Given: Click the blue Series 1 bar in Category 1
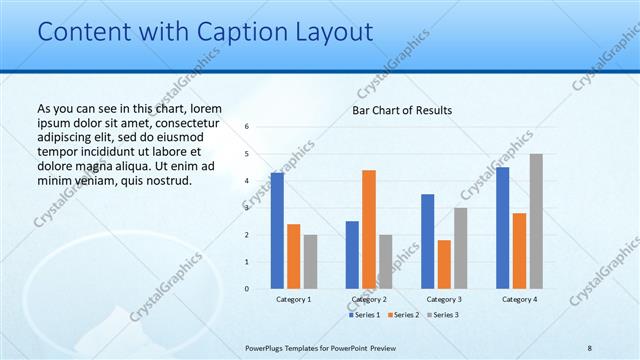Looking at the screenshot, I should pyautogui.click(x=277, y=231).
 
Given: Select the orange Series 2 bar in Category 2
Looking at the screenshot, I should pyautogui.click(x=369, y=229).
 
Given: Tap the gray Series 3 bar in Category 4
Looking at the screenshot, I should pyautogui.click(x=536, y=221).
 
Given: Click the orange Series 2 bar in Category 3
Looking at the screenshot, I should pyautogui.click(x=444, y=264).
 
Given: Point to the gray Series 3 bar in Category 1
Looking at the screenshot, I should pyautogui.click(x=310, y=261).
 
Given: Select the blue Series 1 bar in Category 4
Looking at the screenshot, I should pyautogui.click(x=503, y=228).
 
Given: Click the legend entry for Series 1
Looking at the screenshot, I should pyautogui.click(x=366, y=315).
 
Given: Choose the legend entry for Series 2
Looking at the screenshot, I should pyautogui.click(x=403, y=315).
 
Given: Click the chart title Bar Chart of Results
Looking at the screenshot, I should pyautogui.click(x=402, y=109).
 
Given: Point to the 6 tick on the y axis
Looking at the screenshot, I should pyautogui.click(x=247, y=127).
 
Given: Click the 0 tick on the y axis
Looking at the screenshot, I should pyautogui.click(x=247, y=289).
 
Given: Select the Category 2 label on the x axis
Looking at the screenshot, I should pyautogui.click(x=369, y=299).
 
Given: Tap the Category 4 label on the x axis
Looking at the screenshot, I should pyautogui.click(x=519, y=299).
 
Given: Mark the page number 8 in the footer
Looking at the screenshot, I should pyautogui.click(x=590, y=347).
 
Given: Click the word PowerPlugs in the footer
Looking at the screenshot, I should pyautogui.click(x=265, y=347).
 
